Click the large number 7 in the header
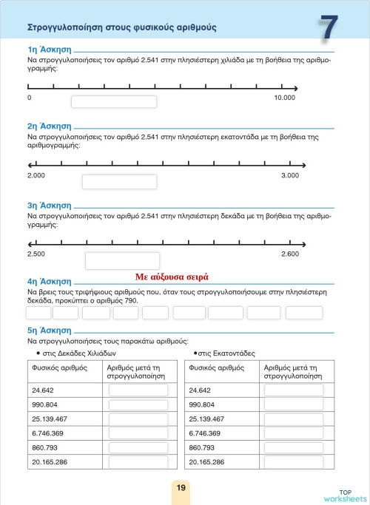pyautogui.click(x=329, y=29)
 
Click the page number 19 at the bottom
pyautogui.click(x=181, y=487)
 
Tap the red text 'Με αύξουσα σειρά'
pyautogui.click(x=172, y=277)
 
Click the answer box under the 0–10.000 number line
pyautogui.click(x=113, y=102)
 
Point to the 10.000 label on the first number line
pyautogui.click(x=285, y=98)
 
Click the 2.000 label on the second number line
pyautogui.click(x=36, y=175)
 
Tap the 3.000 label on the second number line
pyautogui.click(x=290, y=175)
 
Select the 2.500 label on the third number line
pyautogui.click(x=36, y=254)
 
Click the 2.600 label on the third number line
pyautogui.click(x=290, y=254)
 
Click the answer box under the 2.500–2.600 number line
pyautogui.click(x=122, y=260)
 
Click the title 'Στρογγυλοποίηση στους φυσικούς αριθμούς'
pyautogui.click(x=121, y=27)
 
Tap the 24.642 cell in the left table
pyautogui.click(x=44, y=390)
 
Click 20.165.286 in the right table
pyautogui.click(x=207, y=461)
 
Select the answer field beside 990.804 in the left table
pyautogui.click(x=138, y=404)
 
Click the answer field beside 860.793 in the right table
pyautogui.click(x=293, y=447)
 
